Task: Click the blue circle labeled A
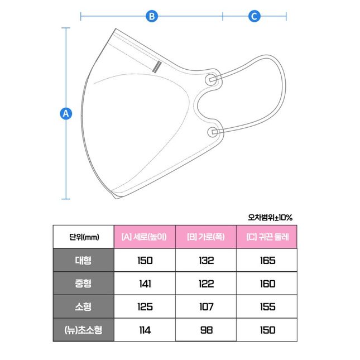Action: point(66,113)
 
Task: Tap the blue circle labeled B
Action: point(152,16)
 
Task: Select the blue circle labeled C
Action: point(254,16)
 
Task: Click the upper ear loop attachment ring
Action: point(211,79)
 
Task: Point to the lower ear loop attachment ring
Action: point(213,132)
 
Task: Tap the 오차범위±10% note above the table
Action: point(270,217)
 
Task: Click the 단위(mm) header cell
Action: point(84,237)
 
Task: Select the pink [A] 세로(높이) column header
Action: point(145,237)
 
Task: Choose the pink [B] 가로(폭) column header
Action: point(206,237)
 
